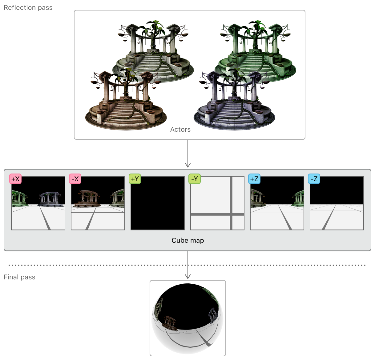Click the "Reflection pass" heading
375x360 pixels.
click(28, 8)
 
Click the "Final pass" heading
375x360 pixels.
click(19, 277)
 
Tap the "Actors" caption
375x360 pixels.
click(180, 130)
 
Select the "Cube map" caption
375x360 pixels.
click(187, 240)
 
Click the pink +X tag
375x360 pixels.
click(15, 179)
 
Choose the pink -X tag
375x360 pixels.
click(75, 179)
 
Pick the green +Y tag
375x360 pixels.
click(135, 179)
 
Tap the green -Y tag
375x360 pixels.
click(195, 179)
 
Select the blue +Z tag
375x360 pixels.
click(254, 179)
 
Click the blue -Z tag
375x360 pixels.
click(314, 179)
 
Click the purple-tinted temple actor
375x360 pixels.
click(234, 102)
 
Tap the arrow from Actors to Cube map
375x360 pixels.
click(188, 154)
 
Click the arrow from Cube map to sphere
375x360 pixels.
click(188, 265)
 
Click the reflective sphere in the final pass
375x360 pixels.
click(188, 318)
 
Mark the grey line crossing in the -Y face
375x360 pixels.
click(231, 214)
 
